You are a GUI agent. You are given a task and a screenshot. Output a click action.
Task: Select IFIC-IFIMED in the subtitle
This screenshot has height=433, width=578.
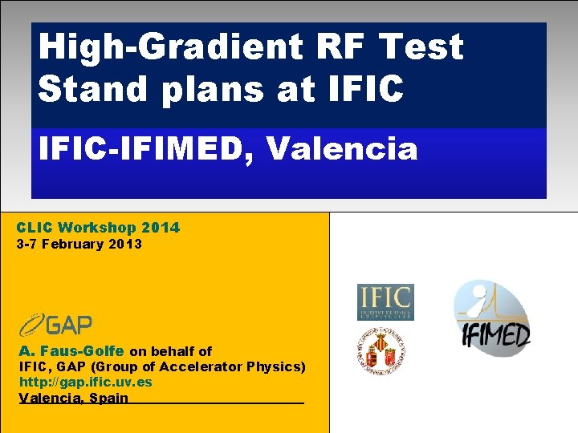tap(145, 148)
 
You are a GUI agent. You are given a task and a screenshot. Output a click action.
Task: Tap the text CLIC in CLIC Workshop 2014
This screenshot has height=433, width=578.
tap(34, 228)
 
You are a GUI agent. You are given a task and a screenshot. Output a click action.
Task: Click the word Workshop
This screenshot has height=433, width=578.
tap(101, 228)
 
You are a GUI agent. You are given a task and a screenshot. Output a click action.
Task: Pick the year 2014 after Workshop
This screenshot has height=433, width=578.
tap(163, 228)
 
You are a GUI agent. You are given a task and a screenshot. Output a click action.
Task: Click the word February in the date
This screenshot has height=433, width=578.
tap(78, 244)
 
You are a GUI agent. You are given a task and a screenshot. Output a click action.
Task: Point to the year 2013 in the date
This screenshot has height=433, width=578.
tap(127, 244)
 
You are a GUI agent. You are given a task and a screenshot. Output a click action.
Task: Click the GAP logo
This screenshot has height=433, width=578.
tap(55, 325)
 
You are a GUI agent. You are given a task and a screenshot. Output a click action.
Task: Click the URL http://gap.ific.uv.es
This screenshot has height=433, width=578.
tap(86, 382)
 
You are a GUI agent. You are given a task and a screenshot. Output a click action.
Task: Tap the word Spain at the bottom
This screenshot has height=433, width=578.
tap(109, 398)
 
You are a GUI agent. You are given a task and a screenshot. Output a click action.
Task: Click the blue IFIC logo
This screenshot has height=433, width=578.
tap(385, 302)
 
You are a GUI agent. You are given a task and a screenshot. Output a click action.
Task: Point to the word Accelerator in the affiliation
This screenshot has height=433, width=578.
tap(197, 366)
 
